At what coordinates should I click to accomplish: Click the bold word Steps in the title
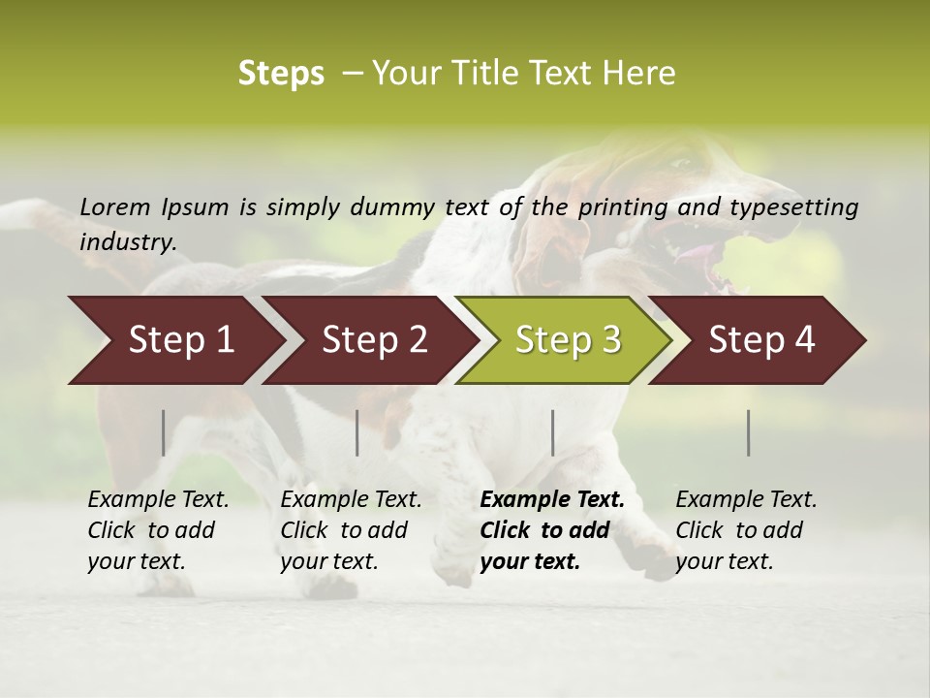tap(281, 74)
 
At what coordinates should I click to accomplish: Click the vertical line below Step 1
tap(164, 432)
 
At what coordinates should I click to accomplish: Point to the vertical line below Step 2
tap(357, 432)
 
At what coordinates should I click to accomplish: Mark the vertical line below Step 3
tap(553, 432)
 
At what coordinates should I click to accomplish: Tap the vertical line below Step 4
tap(749, 432)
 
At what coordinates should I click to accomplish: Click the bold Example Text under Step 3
tap(552, 500)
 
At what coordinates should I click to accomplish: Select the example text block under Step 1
tap(158, 530)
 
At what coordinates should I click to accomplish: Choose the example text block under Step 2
tap(351, 530)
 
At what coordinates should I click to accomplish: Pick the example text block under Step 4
tap(746, 530)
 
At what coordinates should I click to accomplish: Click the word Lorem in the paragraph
tap(115, 206)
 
